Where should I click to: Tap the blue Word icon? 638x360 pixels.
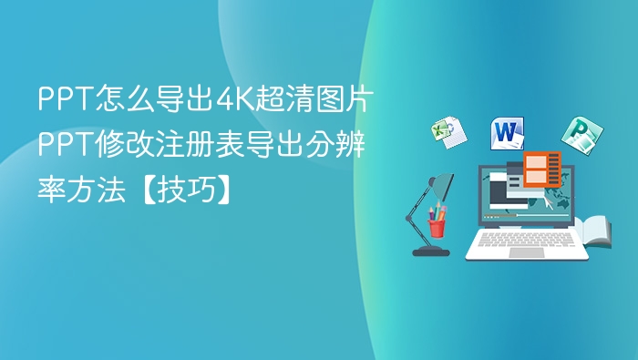click(508, 133)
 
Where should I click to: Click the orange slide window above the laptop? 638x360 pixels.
click(541, 170)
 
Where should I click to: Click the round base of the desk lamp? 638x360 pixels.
click(430, 250)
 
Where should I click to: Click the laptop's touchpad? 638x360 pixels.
click(526, 252)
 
